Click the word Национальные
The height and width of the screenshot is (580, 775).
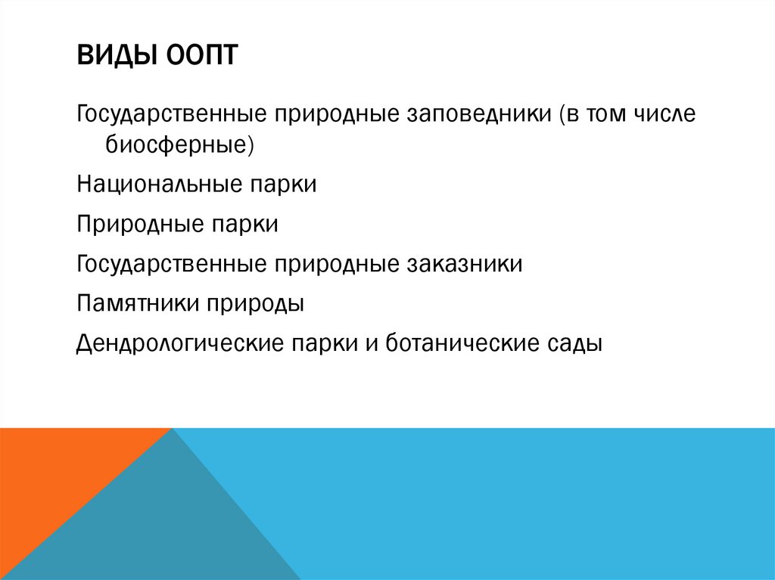pyautogui.click(x=154, y=185)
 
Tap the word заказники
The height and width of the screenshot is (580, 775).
pyautogui.click(x=465, y=264)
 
